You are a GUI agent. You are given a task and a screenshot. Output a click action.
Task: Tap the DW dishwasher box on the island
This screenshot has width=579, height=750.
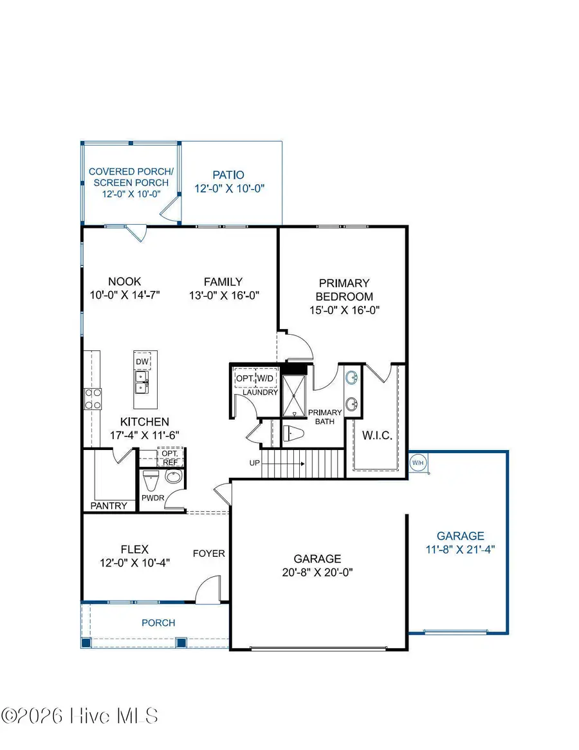(142, 362)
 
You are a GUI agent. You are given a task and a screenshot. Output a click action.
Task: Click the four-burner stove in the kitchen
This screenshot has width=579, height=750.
(92, 398)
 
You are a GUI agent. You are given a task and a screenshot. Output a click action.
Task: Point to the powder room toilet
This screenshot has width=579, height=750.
(150, 480)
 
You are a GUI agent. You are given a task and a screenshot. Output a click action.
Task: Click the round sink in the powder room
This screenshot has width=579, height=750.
(174, 477)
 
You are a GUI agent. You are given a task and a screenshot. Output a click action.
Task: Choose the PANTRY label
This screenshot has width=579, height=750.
(109, 505)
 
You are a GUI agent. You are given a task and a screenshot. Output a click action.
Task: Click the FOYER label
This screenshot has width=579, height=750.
(210, 553)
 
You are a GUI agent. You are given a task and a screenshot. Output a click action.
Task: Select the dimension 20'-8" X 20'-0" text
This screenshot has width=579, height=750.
(318, 571)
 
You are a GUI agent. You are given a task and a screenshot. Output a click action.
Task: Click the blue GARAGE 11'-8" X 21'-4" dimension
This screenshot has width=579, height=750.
(460, 549)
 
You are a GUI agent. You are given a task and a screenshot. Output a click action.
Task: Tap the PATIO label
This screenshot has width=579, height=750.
(230, 174)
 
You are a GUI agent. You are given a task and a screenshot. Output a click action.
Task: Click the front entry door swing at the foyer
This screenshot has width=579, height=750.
(209, 591)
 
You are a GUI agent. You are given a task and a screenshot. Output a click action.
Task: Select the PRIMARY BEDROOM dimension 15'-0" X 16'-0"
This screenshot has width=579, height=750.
(344, 310)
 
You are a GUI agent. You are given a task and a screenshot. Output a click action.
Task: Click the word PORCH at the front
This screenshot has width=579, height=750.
(158, 623)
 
